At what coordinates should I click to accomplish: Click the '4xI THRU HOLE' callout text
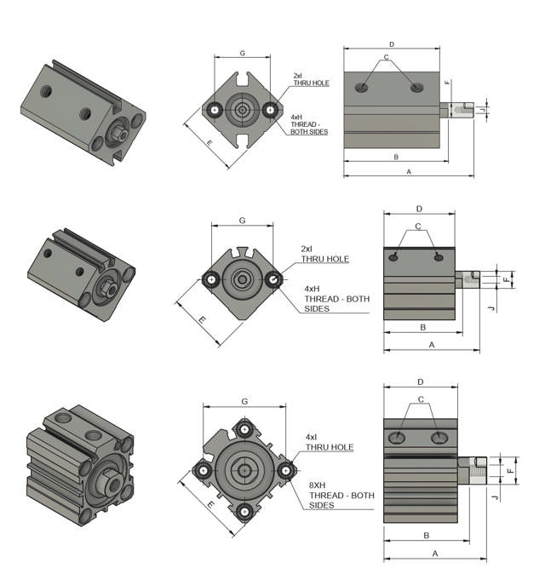[329, 442]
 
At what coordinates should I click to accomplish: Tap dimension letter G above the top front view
[243, 53]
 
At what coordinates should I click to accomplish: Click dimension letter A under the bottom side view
[435, 553]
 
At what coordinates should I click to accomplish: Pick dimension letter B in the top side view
[396, 157]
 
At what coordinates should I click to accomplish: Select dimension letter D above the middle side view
[419, 209]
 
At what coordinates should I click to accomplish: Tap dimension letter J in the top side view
[482, 110]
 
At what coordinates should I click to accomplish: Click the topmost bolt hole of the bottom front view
[245, 427]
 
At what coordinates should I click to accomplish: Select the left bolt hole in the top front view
[215, 109]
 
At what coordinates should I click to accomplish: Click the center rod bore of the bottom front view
[245, 469]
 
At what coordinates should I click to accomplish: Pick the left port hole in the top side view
[364, 87]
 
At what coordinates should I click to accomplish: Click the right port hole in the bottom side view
[439, 438]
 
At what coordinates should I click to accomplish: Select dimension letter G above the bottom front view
[245, 400]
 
